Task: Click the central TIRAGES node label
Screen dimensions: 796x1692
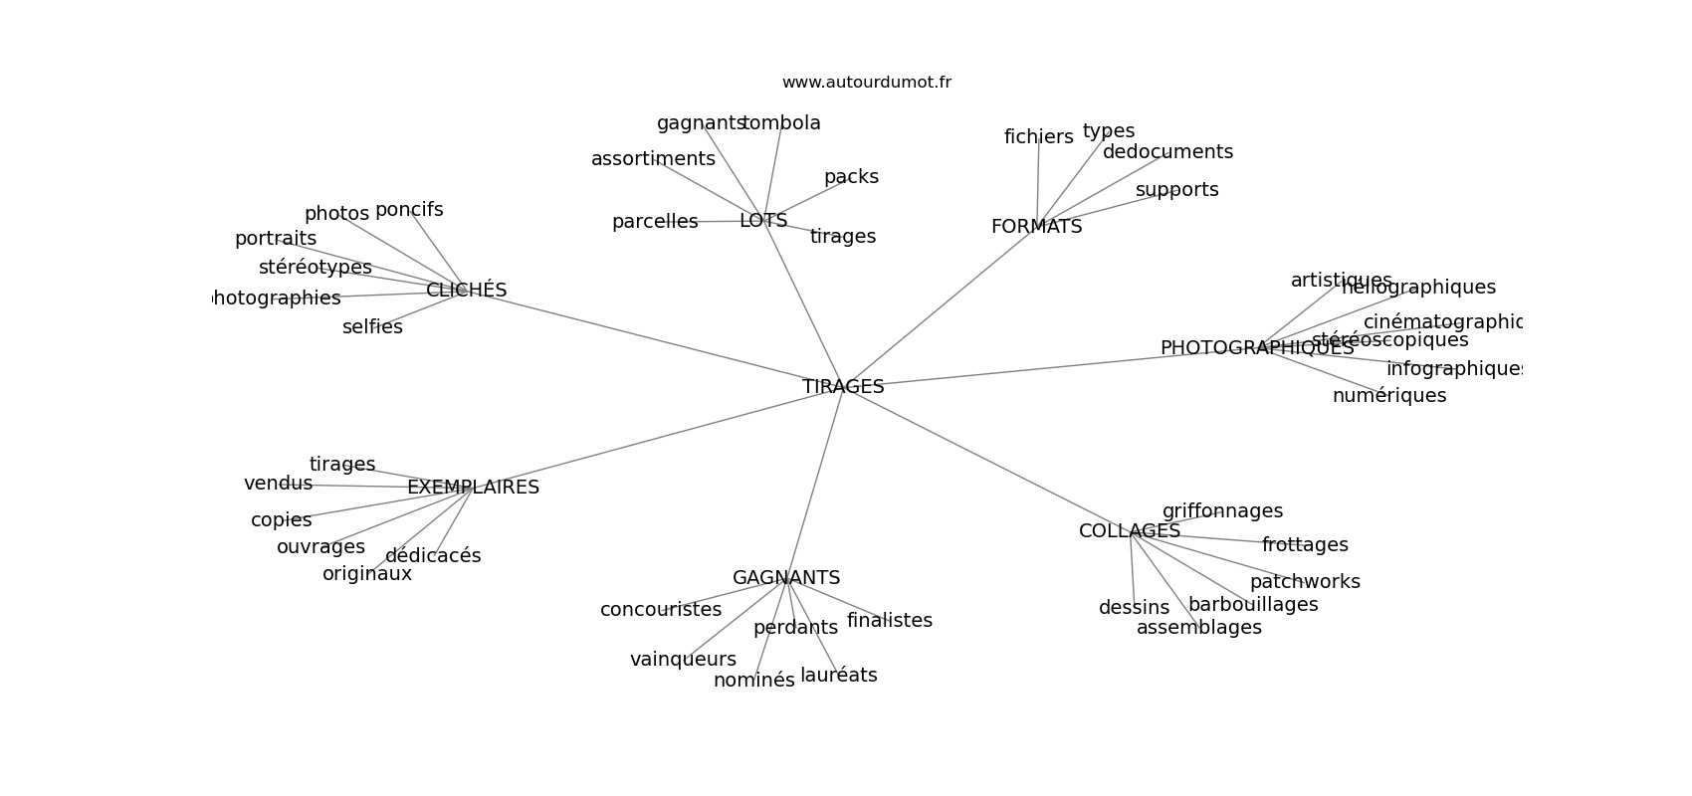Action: [x=843, y=387]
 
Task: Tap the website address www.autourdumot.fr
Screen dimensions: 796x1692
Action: [x=866, y=83]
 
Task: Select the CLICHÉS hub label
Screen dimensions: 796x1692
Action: [x=466, y=291]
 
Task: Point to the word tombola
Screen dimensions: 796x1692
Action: [x=782, y=123]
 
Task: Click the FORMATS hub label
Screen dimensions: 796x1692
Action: [x=1036, y=227]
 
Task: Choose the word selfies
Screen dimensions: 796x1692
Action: [x=372, y=327]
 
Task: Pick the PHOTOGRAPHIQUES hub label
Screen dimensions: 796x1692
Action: [x=1256, y=348]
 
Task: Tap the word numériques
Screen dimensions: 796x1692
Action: [x=1388, y=396]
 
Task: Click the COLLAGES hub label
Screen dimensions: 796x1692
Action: [x=1129, y=531]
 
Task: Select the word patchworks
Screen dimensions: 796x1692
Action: [x=1304, y=582]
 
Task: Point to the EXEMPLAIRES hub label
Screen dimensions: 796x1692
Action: [x=473, y=488]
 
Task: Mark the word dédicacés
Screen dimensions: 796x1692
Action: [x=433, y=556]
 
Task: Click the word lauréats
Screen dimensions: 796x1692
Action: [x=838, y=676]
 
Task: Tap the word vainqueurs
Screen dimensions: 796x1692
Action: [x=683, y=660]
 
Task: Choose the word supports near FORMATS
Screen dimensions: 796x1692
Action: [x=1176, y=190]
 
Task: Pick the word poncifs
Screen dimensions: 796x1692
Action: [x=409, y=210]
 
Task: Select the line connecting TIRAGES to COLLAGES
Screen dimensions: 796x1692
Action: [x=985, y=458]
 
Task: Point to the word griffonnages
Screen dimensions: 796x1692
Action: [x=1222, y=511]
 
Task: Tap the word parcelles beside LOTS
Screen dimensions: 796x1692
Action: [x=655, y=222]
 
